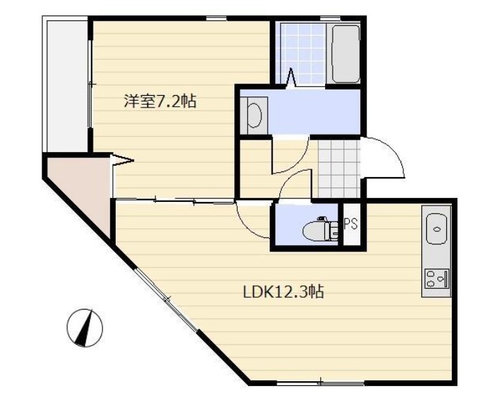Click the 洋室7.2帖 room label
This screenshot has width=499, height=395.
[159, 102]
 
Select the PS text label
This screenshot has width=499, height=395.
[351, 224]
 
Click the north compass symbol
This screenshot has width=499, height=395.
[85, 326]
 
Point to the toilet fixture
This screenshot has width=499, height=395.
[323, 228]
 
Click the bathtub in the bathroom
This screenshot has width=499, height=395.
[345, 54]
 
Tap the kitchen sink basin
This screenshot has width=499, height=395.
[437, 228]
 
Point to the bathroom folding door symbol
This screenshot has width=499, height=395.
[292, 77]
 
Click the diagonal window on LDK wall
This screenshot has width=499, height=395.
[166, 299]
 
